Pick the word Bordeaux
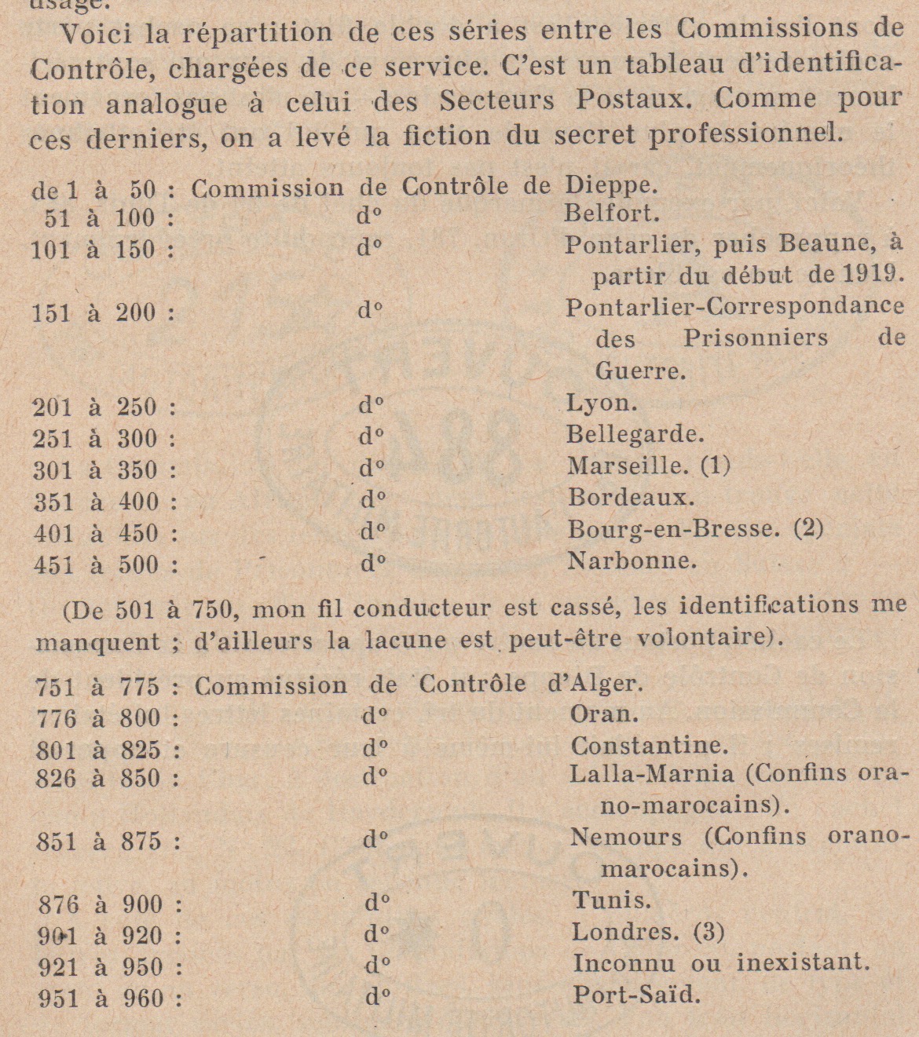pyautogui.click(x=631, y=498)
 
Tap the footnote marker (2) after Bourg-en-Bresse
pyautogui.click(x=808, y=528)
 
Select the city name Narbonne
pyautogui.click(x=632, y=560)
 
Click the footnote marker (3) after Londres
pyautogui.click(x=708, y=932)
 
